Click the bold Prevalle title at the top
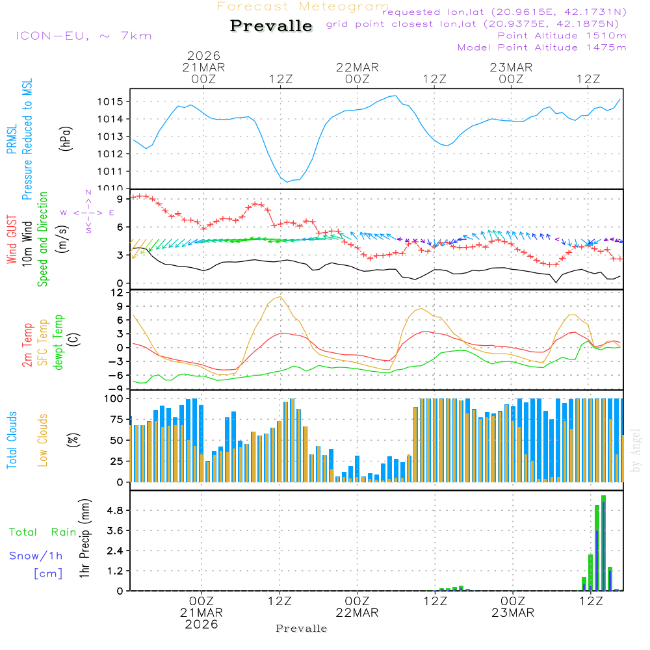click(271, 27)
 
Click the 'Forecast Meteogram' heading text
click(303, 6)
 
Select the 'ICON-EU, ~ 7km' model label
click(83, 35)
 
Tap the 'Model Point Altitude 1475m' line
click(541, 47)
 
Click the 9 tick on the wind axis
click(121, 198)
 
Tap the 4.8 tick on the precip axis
click(115, 511)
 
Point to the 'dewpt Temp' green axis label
click(59, 342)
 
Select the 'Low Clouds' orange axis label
click(43, 439)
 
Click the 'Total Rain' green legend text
click(42, 532)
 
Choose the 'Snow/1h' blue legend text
click(36, 556)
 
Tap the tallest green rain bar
click(603, 543)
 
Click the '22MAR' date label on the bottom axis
click(357, 613)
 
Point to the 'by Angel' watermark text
click(636, 450)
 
